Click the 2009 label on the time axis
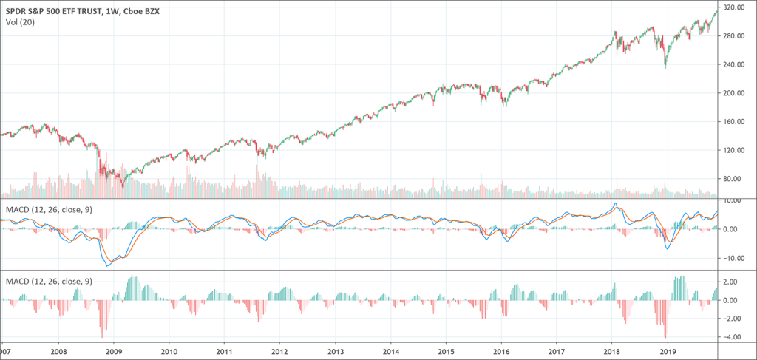pyautogui.click(x=114, y=352)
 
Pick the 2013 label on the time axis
pyautogui.click(x=336, y=352)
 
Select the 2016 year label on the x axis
pyautogui.click(x=502, y=352)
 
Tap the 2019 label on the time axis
pyautogui.click(x=668, y=352)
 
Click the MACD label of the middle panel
pyautogui.click(x=48, y=211)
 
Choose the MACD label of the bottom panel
pyautogui.click(x=48, y=281)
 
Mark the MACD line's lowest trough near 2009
pyautogui.click(x=109, y=265)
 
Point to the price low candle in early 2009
pyautogui.click(x=123, y=187)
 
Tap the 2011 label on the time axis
pyautogui.click(x=225, y=352)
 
